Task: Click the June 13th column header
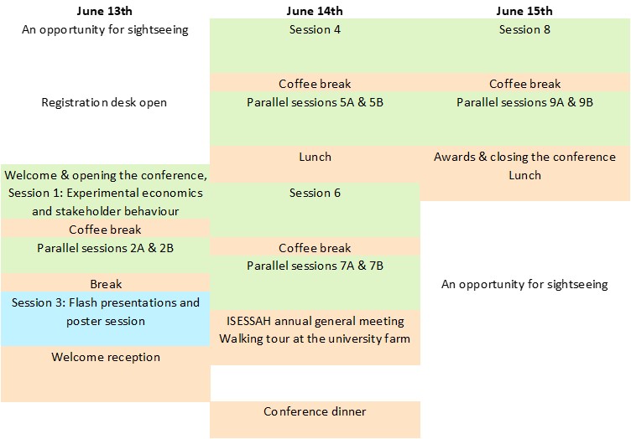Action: pyautogui.click(x=105, y=11)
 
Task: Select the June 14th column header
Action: pyautogui.click(x=315, y=11)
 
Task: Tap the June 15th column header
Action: pyautogui.click(x=524, y=11)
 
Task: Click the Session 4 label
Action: pyautogui.click(x=315, y=29)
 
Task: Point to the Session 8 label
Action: pyautogui.click(x=524, y=29)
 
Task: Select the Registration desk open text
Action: pyautogui.click(x=104, y=102)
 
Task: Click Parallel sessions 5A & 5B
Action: pyautogui.click(x=315, y=102)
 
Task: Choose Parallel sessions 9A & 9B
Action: pyautogui.click(x=524, y=102)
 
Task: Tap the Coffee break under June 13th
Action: pyautogui.click(x=105, y=230)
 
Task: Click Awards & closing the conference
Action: pyautogui.click(x=524, y=157)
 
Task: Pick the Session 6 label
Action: pyautogui.click(x=315, y=193)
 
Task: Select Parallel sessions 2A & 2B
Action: pyautogui.click(x=105, y=248)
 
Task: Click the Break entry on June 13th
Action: pyautogui.click(x=106, y=284)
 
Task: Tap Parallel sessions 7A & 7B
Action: pyautogui.click(x=315, y=266)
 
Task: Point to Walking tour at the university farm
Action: pyautogui.click(x=315, y=338)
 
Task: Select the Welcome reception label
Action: pyautogui.click(x=106, y=357)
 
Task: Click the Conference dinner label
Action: pyautogui.click(x=315, y=411)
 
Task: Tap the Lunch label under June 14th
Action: pyautogui.click(x=315, y=157)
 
